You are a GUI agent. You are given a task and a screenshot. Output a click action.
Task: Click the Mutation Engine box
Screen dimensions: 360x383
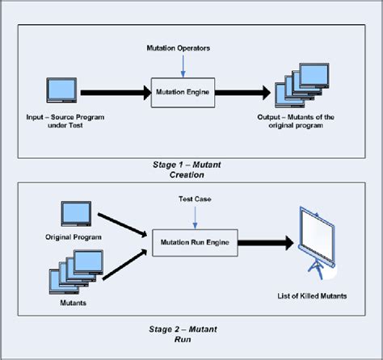click(182, 92)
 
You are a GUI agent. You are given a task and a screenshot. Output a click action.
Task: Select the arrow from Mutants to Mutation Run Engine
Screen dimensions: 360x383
click(123, 257)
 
